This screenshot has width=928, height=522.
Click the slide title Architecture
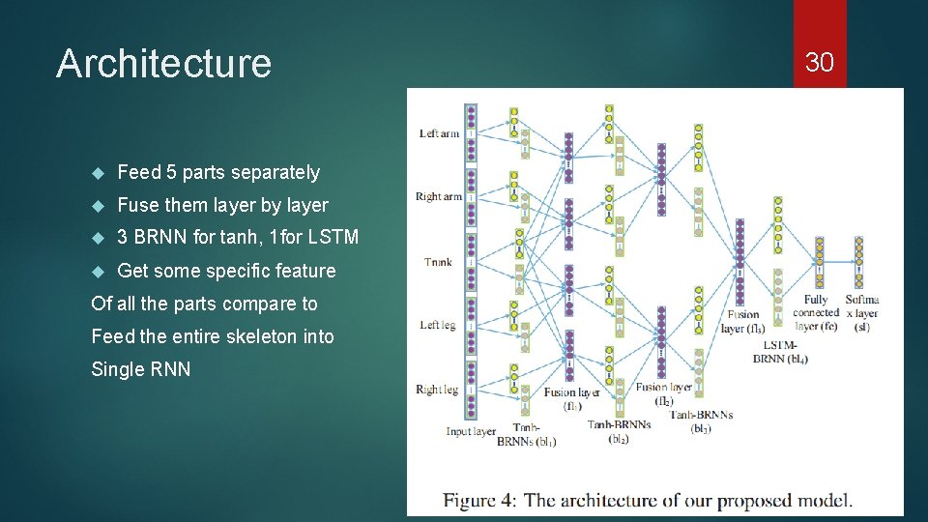pyautogui.click(x=163, y=64)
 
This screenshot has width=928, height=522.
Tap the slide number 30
pyautogui.click(x=819, y=63)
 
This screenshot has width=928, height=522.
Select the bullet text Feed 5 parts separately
pyautogui.click(x=217, y=172)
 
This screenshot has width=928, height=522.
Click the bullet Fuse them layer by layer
pyautogui.click(x=222, y=205)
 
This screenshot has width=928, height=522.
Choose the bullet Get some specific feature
pyautogui.click(x=226, y=271)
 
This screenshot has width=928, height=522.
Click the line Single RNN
pyautogui.click(x=140, y=369)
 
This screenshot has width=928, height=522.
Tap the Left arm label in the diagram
pyautogui.click(x=439, y=133)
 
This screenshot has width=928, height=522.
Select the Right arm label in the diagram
pyautogui.click(x=438, y=196)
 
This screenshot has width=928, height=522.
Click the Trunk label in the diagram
pyautogui.click(x=438, y=261)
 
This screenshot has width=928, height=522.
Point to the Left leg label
pyautogui.click(x=438, y=325)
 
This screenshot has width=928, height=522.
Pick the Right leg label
pyautogui.click(x=437, y=390)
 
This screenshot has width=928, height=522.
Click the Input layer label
pyautogui.click(x=471, y=431)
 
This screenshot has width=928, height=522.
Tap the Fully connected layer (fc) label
pyautogui.click(x=815, y=312)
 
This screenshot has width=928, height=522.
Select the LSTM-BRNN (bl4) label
pyautogui.click(x=780, y=352)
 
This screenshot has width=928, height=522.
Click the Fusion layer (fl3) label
pyautogui.click(x=741, y=321)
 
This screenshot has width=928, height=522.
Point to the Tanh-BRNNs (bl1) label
pyautogui.click(x=526, y=434)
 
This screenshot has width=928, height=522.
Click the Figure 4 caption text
pyautogui.click(x=648, y=500)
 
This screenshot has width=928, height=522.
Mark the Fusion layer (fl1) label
pyautogui.click(x=571, y=399)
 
